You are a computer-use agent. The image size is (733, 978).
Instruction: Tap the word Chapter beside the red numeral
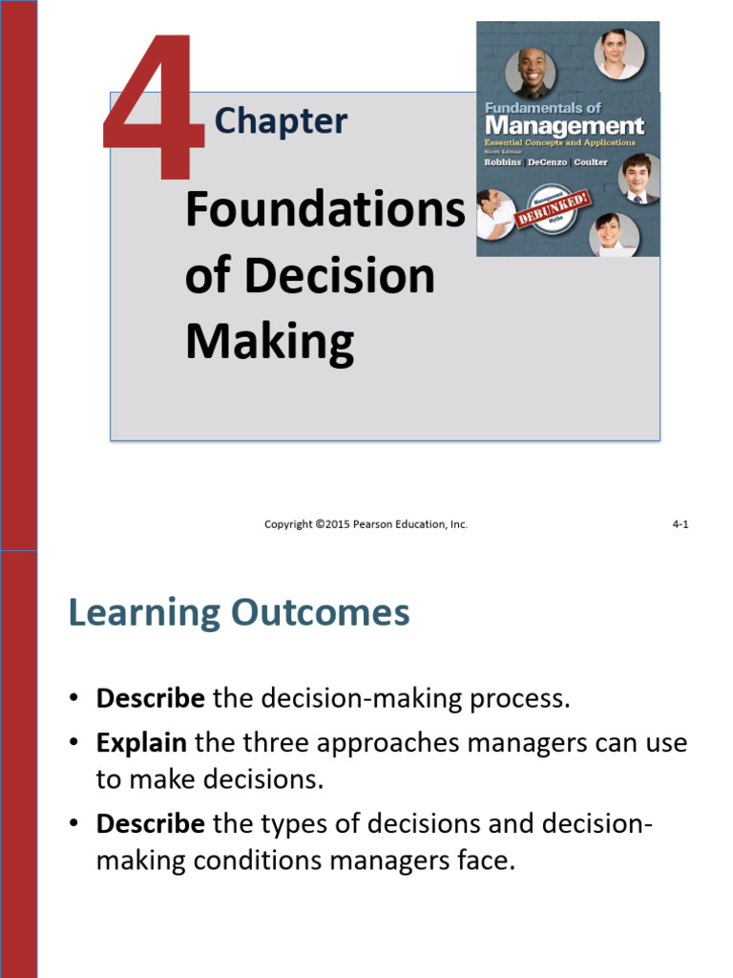click(x=281, y=121)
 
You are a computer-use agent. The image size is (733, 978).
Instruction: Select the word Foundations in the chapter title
click(x=325, y=210)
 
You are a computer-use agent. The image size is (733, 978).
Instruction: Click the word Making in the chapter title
click(x=269, y=341)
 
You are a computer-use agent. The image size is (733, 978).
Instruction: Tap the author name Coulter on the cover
click(x=592, y=161)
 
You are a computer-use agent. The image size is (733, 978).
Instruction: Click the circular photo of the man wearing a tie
click(x=637, y=178)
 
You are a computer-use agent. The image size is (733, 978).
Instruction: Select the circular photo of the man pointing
click(x=495, y=214)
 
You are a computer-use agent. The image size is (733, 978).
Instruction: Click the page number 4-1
click(x=681, y=524)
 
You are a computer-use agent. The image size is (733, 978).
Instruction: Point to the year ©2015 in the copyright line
click(x=328, y=524)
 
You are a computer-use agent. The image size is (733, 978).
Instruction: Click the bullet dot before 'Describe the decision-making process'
click(x=73, y=699)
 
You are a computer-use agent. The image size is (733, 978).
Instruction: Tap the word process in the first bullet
click(x=526, y=698)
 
